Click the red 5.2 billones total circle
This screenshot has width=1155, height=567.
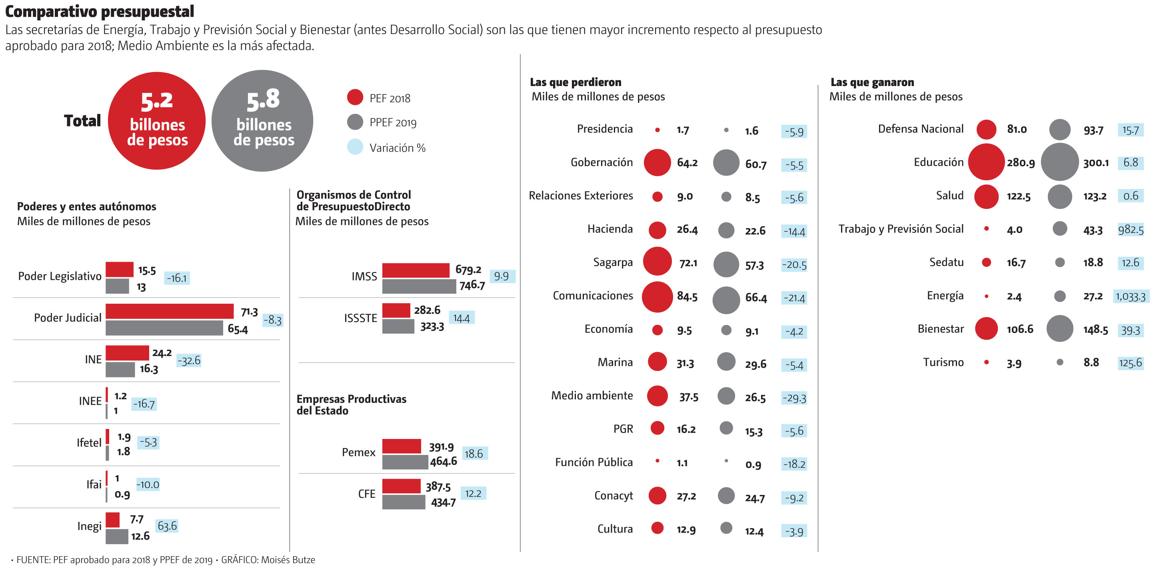pyautogui.click(x=156, y=121)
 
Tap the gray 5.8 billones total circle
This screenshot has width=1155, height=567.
pyautogui.click(x=262, y=121)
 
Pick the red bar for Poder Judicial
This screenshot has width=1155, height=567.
pyautogui.click(x=170, y=311)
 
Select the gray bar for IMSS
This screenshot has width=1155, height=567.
pyautogui.click(x=419, y=286)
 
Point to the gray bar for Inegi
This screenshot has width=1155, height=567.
pyautogui.click(x=116, y=537)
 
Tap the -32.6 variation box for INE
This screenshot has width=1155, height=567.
pyautogui.click(x=189, y=361)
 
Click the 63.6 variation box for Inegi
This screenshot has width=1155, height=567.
pyautogui.click(x=167, y=526)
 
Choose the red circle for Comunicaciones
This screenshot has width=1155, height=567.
pyautogui.click(x=657, y=297)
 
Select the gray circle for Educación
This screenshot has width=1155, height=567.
pyautogui.click(x=1059, y=162)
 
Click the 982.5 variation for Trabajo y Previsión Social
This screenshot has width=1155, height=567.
pyautogui.click(x=1130, y=230)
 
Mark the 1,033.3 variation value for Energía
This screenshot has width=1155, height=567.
pyautogui.click(x=1130, y=297)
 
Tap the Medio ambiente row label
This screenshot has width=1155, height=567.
pyautogui.click(x=592, y=396)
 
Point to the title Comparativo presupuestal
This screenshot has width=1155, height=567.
pyautogui.click(x=100, y=11)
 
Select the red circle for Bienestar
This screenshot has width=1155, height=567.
pyautogui.click(x=986, y=329)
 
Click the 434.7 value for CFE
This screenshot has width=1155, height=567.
pyautogui.click(x=443, y=503)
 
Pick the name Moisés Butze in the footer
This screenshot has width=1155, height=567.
pyautogui.click(x=288, y=560)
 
